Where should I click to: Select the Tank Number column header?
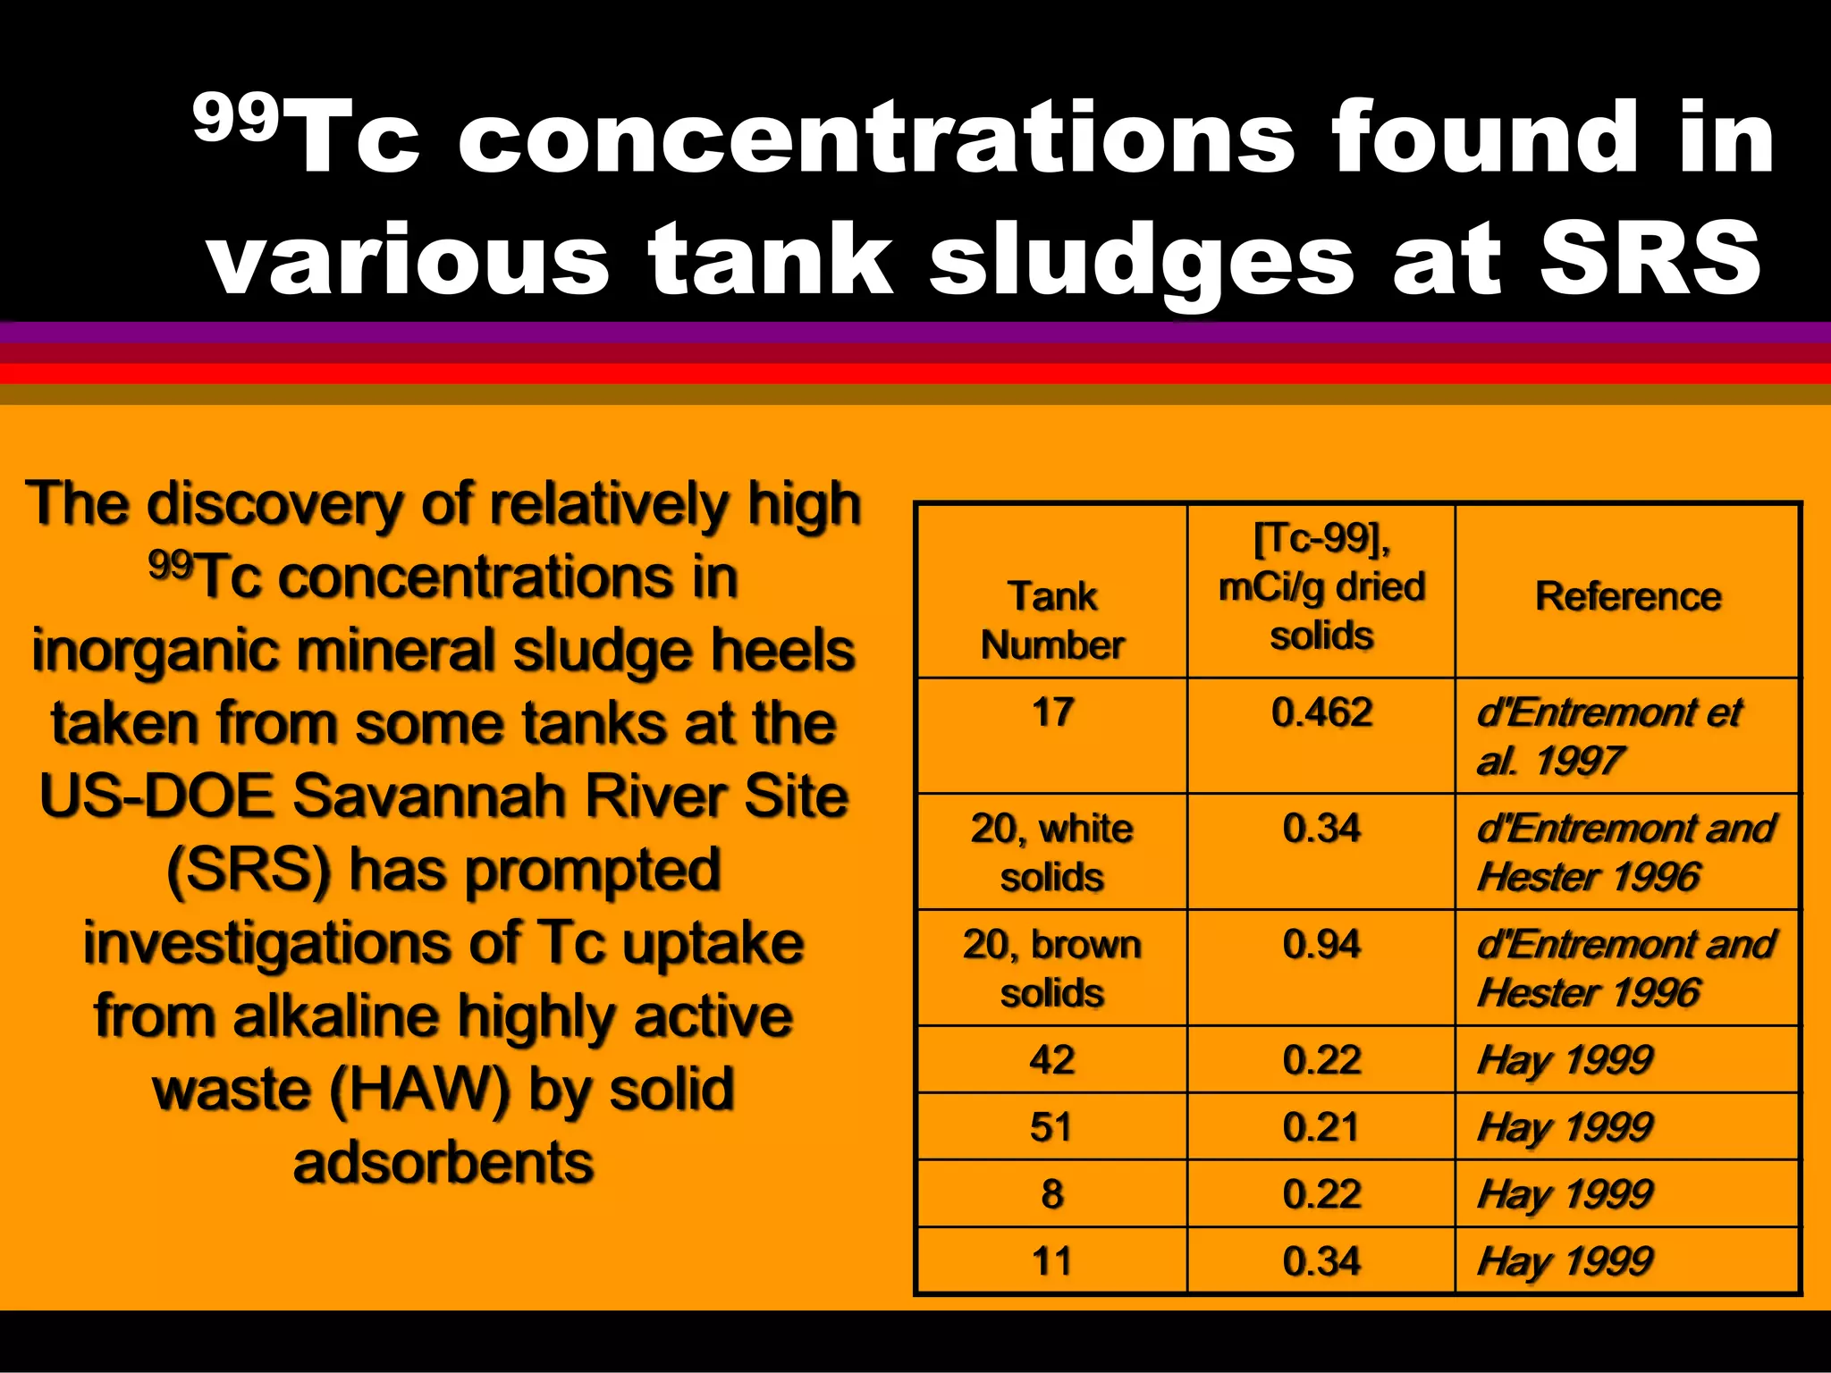click(1052, 620)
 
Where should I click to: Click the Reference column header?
click(1628, 596)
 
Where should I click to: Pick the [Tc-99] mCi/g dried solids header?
click(1321, 586)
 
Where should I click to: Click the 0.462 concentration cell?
click(1321, 712)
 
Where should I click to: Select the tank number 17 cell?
click(1052, 712)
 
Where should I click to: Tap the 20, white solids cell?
click(1052, 852)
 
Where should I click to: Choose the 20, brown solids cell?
click(1052, 968)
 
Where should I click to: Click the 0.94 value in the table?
click(1321, 945)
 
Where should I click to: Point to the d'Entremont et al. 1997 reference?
click(1607, 737)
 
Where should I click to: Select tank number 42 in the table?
click(1052, 1060)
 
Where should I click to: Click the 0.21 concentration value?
click(1321, 1127)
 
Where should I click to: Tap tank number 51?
click(1052, 1127)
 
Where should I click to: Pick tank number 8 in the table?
click(1052, 1194)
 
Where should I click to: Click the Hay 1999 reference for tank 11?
click(1565, 1261)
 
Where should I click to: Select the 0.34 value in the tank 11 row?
click(1321, 1261)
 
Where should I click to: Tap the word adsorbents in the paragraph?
click(443, 1163)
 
